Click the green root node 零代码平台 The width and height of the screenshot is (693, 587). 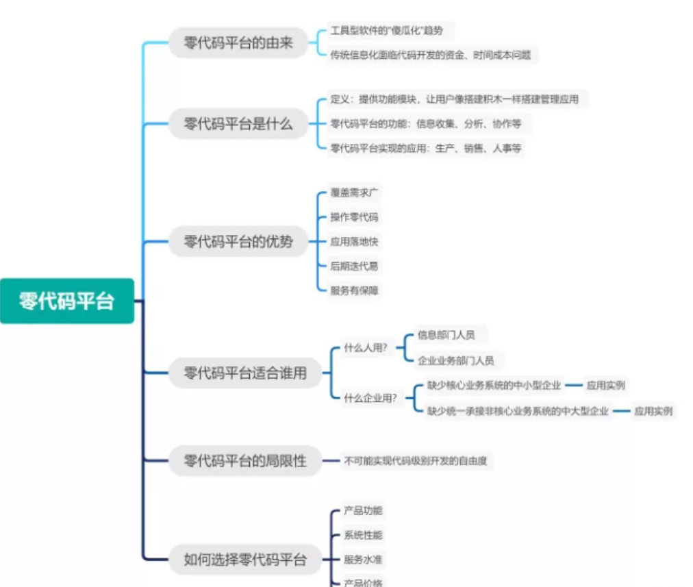click(67, 301)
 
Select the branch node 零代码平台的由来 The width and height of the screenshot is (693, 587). click(238, 42)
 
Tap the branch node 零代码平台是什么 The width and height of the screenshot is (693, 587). click(238, 124)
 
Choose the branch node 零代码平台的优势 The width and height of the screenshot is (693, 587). click(238, 241)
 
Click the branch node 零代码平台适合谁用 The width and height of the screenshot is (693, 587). click(245, 373)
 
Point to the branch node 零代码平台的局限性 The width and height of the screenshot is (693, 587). click(245, 461)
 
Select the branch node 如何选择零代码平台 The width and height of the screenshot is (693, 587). click(245, 560)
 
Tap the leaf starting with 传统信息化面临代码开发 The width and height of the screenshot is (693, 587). click(430, 55)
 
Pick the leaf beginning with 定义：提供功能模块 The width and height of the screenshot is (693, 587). click(454, 99)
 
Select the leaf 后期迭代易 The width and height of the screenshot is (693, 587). click(354, 266)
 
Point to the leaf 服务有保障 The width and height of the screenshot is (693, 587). click(354, 290)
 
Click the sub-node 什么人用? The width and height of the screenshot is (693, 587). click(366, 348)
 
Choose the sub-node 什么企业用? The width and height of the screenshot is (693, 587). click(370, 398)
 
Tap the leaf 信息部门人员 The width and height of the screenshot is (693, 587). click(446, 336)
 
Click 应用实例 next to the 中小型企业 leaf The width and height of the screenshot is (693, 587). click(605, 386)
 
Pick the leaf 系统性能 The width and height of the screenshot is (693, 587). click(363, 535)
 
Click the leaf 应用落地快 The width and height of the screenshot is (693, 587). click(354, 241)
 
